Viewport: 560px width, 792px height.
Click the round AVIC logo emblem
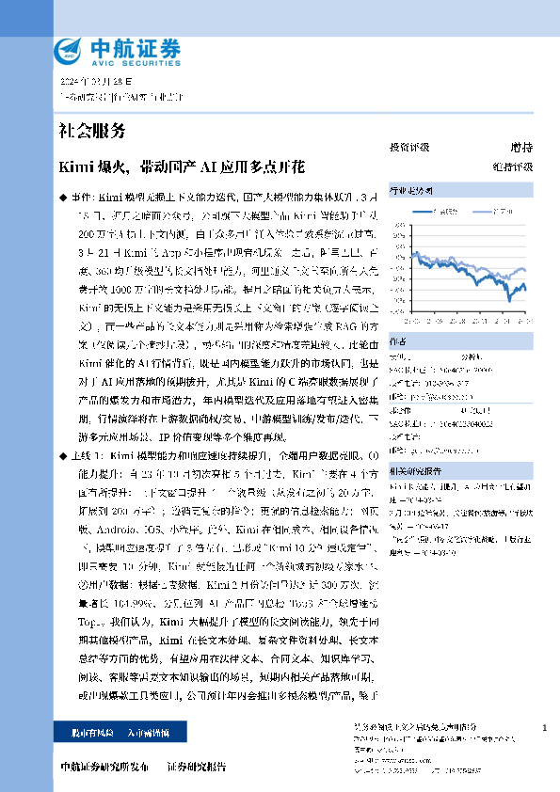pos(69,49)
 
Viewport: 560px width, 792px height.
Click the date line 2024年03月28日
pos(97,83)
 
